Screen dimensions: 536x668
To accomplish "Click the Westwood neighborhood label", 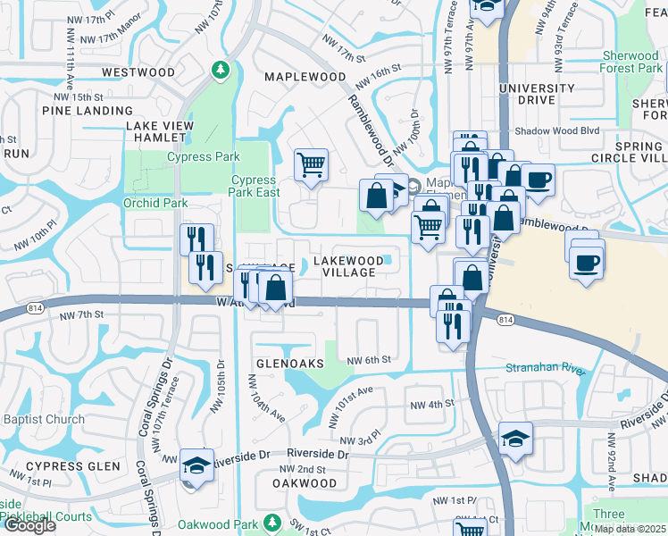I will [138, 72].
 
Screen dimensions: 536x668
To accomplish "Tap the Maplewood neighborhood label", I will [305, 78].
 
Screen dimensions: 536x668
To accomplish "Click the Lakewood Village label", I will [349, 266].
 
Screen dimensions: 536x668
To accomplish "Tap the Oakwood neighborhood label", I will [305, 483].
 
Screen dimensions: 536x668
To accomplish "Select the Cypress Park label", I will [204, 157].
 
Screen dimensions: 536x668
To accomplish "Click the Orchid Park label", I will [155, 203].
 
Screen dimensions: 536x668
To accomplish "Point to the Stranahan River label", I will [545, 368].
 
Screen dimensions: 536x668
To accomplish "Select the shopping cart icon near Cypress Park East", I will [311, 164].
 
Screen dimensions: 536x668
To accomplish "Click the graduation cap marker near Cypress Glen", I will [195, 465].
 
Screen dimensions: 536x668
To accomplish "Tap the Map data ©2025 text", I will [630, 529].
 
